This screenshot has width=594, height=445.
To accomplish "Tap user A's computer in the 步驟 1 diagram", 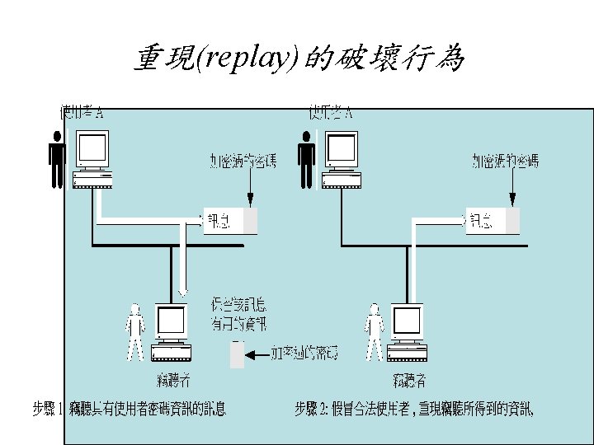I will [92, 162].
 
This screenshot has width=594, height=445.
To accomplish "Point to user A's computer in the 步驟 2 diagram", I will [341, 162].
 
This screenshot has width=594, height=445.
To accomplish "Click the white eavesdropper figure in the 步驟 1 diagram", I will [135, 332].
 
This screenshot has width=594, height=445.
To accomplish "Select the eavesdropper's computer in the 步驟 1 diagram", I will [172, 334].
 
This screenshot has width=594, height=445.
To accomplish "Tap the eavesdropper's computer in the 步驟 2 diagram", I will [408, 334].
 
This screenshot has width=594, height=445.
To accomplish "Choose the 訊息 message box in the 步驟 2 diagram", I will [493, 221].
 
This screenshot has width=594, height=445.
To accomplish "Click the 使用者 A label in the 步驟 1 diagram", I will [82, 112].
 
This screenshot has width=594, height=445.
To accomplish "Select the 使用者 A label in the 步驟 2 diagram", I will [331, 112].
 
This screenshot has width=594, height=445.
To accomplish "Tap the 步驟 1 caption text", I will [129, 408].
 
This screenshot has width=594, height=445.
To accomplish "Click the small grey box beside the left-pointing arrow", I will [238, 354].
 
